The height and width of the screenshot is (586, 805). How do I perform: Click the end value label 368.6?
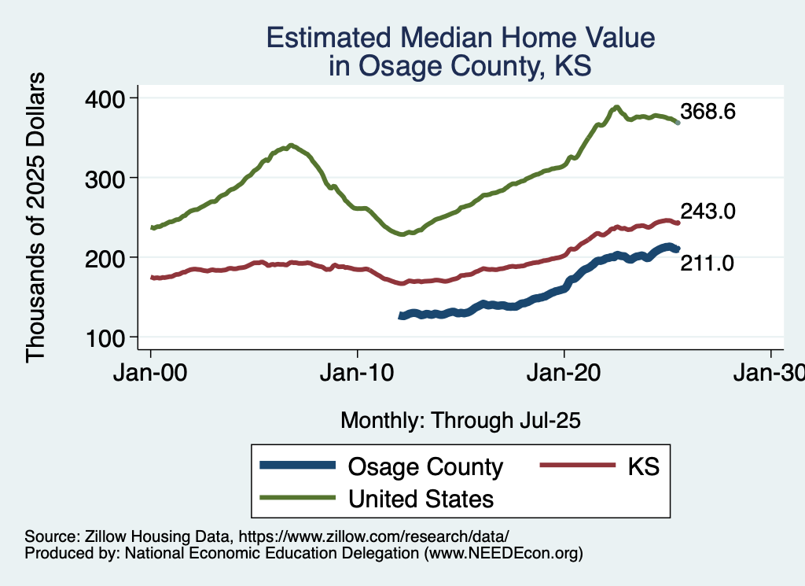click(x=708, y=112)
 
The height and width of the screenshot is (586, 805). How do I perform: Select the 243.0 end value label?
click(x=708, y=211)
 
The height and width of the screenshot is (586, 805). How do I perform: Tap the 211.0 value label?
click(x=708, y=264)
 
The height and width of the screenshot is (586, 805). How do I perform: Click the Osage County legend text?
click(x=425, y=466)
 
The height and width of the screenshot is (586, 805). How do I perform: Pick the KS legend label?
click(x=642, y=466)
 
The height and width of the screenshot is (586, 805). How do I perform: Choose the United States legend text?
click(x=421, y=498)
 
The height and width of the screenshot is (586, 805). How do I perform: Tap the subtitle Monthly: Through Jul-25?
click(x=460, y=421)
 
